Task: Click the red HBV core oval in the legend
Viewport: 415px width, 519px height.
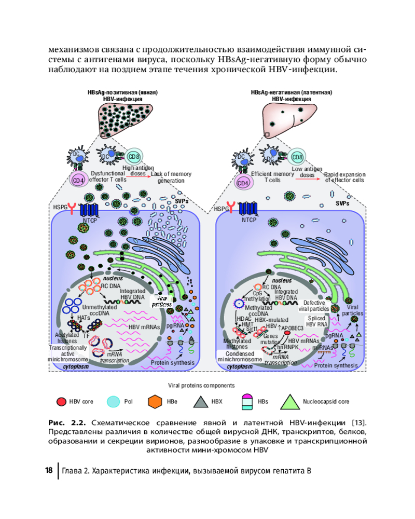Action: click(61, 402)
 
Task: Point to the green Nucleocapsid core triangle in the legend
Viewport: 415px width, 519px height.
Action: click(291, 401)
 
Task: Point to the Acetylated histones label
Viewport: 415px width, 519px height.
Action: click(66, 338)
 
